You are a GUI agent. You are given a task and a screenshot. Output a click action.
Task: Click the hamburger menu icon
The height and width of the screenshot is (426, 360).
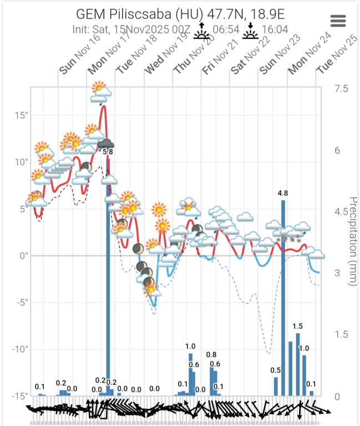pos(338,21)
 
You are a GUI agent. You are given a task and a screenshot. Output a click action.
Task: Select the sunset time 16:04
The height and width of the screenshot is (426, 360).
pos(275,28)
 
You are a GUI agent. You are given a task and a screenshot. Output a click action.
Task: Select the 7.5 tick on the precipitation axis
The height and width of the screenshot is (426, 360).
pos(341,89)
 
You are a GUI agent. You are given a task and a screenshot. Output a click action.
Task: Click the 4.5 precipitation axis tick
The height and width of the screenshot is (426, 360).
pos(341,212)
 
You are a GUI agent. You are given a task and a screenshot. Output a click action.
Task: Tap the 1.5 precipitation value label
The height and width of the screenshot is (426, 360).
pos(298,326)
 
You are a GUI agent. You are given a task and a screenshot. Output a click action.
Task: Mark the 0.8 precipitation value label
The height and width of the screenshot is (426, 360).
pos(211,354)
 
